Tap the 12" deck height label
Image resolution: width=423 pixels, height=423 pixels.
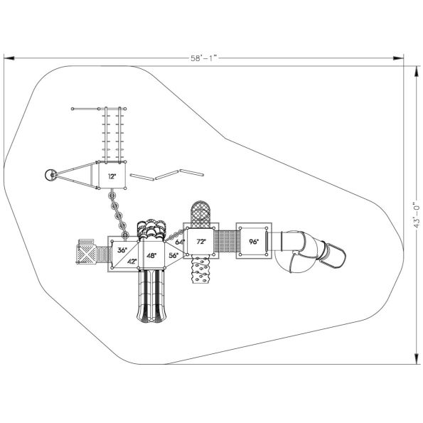(x=112, y=175)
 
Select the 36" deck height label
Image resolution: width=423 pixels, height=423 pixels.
(x=122, y=250)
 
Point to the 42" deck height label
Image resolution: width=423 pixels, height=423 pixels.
(x=132, y=261)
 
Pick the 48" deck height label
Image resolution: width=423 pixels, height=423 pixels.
(x=151, y=255)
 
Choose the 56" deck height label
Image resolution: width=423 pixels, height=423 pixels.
(x=173, y=255)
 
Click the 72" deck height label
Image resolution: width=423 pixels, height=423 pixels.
(x=201, y=242)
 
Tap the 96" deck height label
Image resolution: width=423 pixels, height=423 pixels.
(x=253, y=242)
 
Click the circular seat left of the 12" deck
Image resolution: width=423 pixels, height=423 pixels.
(x=51, y=175)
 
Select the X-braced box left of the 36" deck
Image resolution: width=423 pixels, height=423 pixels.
(x=86, y=253)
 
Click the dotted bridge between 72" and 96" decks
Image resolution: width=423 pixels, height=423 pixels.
(x=226, y=242)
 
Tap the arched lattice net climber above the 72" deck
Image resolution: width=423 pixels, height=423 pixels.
(x=200, y=212)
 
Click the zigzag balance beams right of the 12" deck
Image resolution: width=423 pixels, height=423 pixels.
(x=168, y=175)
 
